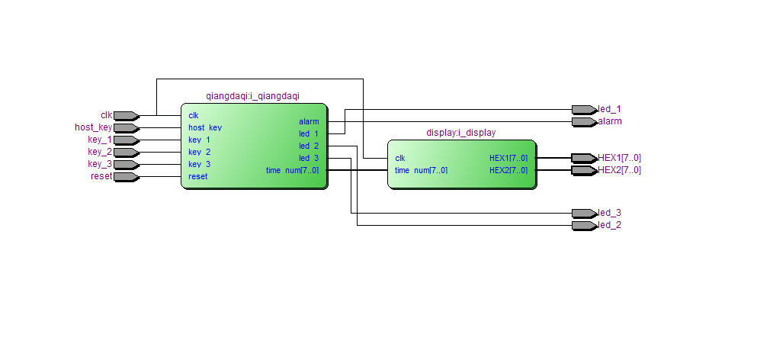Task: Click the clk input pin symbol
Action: tap(126, 116)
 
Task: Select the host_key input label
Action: tap(93, 128)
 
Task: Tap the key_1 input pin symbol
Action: tap(126, 140)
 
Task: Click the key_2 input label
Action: tap(100, 153)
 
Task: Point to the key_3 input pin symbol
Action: tap(126, 165)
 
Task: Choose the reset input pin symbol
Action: tap(126, 177)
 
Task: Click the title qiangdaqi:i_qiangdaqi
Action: tap(253, 96)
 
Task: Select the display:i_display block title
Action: tap(460, 133)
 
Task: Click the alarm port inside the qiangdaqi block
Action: tap(309, 122)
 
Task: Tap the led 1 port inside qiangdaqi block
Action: tap(309, 134)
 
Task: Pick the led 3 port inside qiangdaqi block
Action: tap(309, 159)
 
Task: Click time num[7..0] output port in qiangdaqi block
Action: tap(292, 171)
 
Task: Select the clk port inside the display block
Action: tap(400, 159)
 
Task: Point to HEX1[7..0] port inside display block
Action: tap(508, 159)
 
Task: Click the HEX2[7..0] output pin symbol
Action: tap(584, 171)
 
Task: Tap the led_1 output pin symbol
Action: tap(584, 110)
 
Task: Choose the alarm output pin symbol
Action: tap(584, 122)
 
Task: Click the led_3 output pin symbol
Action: tap(584, 214)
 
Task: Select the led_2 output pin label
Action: tap(610, 226)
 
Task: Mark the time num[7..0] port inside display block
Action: tap(421, 171)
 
